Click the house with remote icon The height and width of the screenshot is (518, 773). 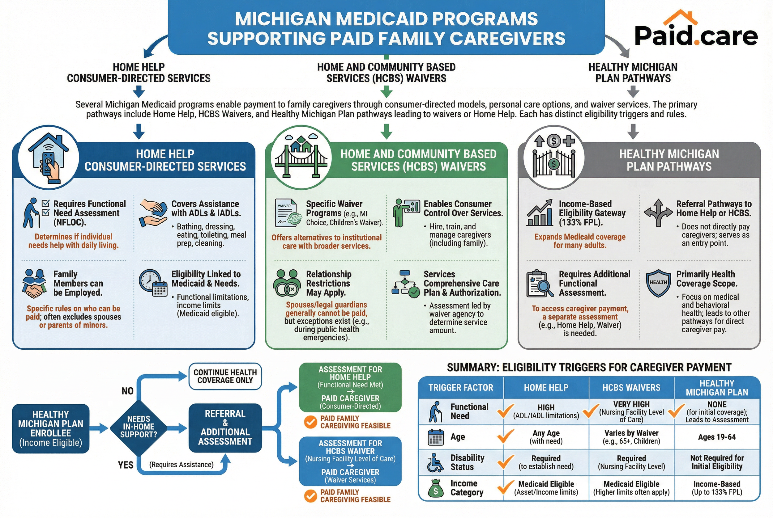pyautogui.click(x=49, y=157)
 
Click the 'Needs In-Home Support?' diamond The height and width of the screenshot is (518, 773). pyautogui.click(x=139, y=427)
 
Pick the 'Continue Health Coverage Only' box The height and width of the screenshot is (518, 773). pyautogui.click(x=225, y=376)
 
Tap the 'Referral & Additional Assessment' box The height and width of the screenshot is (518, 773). pyautogui.click(x=225, y=427)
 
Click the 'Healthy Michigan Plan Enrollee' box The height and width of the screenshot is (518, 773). pyautogui.click(x=51, y=428)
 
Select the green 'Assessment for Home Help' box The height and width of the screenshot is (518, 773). pyautogui.click(x=350, y=387)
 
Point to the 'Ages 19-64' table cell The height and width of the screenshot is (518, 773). pyautogui.click(x=716, y=437)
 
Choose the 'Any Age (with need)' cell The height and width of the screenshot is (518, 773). pyautogui.click(x=546, y=437)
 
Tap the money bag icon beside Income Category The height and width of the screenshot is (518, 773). pyautogui.click(x=435, y=488)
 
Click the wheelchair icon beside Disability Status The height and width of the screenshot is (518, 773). pyautogui.click(x=435, y=462)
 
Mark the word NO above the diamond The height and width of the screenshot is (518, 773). pyautogui.click(x=127, y=391)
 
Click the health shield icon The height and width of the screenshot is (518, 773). pyautogui.click(x=658, y=283)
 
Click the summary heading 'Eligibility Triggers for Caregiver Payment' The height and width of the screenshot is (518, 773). pyautogui.click(x=589, y=367)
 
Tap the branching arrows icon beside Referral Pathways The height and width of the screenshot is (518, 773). pyautogui.click(x=658, y=213)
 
